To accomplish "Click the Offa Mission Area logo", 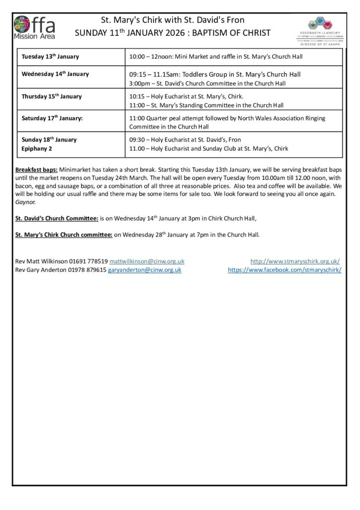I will (x=34, y=27).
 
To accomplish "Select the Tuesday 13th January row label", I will (x=50, y=57).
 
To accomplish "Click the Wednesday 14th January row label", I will (x=55, y=74).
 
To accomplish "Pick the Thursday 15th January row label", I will (x=52, y=96).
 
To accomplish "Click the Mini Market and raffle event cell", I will (x=216, y=57).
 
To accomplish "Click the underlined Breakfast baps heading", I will (x=36, y=170).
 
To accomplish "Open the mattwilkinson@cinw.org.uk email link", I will (x=147, y=261).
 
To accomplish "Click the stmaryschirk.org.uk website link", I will (x=295, y=261).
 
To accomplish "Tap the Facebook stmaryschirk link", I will (x=284, y=269).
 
